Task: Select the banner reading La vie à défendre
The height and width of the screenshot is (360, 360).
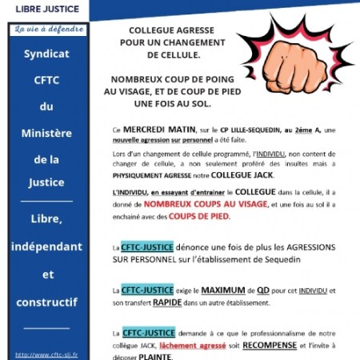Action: pos(53,30)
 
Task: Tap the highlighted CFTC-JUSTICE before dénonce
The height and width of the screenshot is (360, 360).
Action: pos(148,247)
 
